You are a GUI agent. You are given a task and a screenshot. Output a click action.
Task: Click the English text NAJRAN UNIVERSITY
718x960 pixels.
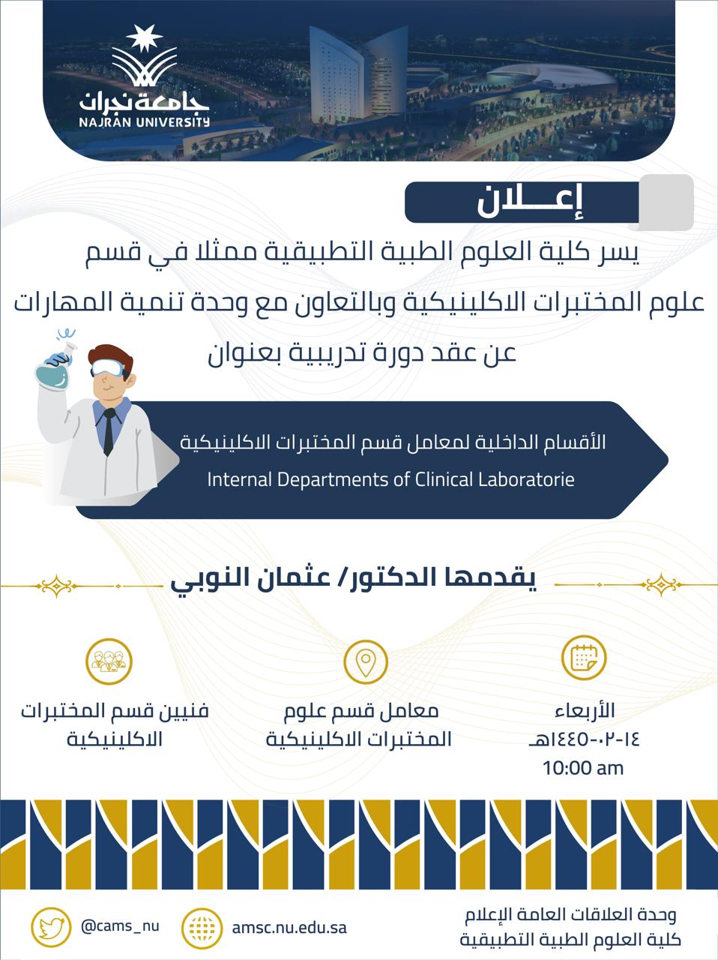click(x=144, y=121)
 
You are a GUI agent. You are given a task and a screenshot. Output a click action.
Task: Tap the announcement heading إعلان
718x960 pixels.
click(x=530, y=202)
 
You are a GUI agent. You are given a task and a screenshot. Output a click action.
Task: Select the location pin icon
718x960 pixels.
click(x=365, y=661)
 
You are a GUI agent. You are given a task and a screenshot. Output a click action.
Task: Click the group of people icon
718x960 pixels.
click(x=109, y=661)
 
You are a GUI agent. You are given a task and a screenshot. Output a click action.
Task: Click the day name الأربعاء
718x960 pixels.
click(x=585, y=711)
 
